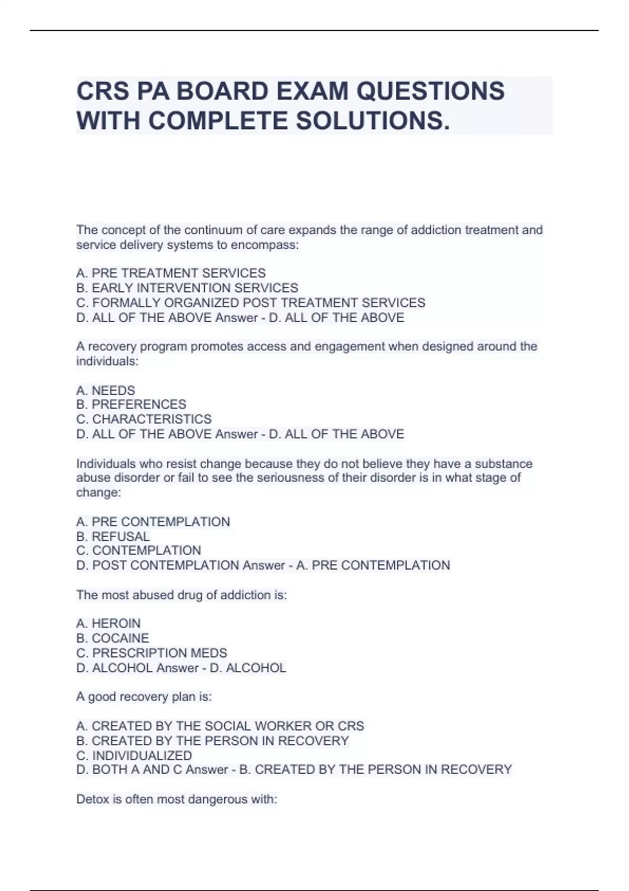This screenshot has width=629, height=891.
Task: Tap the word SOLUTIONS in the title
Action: pyautogui.click(x=372, y=121)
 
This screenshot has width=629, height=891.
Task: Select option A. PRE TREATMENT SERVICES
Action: pyautogui.click(x=171, y=273)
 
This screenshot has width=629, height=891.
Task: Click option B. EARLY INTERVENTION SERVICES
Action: pyautogui.click(x=187, y=288)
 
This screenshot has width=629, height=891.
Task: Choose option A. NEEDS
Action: pyautogui.click(x=105, y=390)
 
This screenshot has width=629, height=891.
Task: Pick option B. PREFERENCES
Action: pyautogui.click(x=131, y=405)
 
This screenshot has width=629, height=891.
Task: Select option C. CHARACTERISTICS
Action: pyautogui.click(x=144, y=419)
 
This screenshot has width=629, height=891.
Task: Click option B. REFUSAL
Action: pyautogui.click(x=113, y=537)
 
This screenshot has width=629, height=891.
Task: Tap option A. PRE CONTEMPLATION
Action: pyautogui.click(x=153, y=522)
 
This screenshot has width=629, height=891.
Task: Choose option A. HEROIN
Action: pyautogui.click(x=109, y=624)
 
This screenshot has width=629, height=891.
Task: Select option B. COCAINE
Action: pyautogui.click(x=113, y=638)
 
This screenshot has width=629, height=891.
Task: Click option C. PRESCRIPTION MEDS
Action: pyautogui.click(x=151, y=653)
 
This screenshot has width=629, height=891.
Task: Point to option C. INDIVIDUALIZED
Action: pyautogui.click(x=134, y=756)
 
